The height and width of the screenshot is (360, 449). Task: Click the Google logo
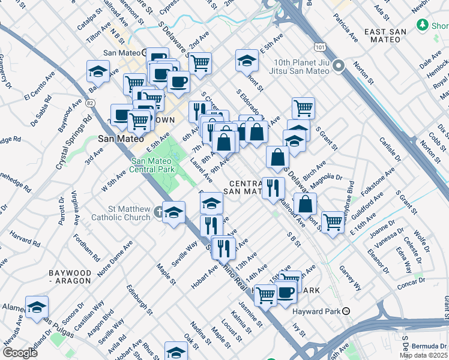click(x=20, y=352)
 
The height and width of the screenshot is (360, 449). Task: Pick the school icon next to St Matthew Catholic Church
click(x=174, y=212)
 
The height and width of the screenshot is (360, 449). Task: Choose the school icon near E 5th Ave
click(x=246, y=60)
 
